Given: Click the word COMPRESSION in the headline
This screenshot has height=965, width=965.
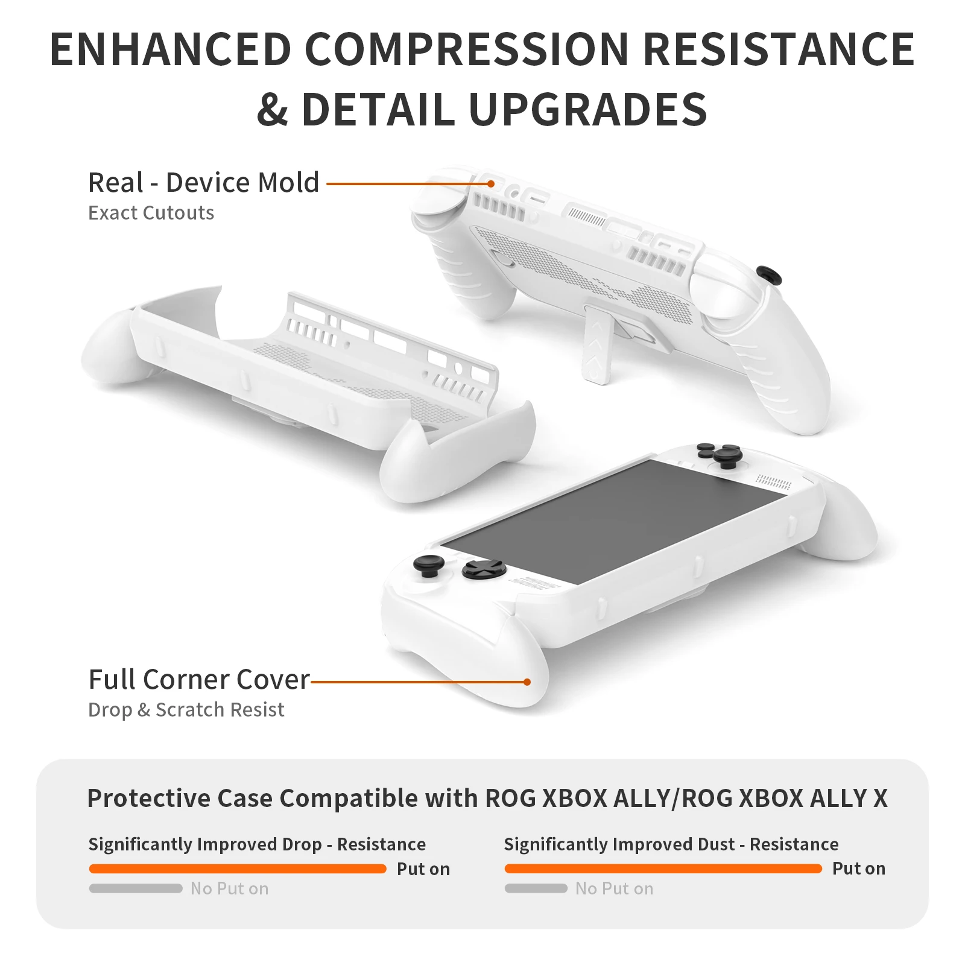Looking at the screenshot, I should pyautogui.click(x=467, y=49).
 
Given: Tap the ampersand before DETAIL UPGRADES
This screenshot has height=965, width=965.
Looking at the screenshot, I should pyautogui.click(x=272, y=110).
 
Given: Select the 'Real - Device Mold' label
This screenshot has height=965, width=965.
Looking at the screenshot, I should pyautogui.click(x=203, y=183).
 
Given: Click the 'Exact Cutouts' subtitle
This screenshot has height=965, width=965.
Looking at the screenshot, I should pyautogui.click(x=151, y=213).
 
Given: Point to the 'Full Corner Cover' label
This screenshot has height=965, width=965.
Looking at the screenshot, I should pyautogui.click(x=198, y=680).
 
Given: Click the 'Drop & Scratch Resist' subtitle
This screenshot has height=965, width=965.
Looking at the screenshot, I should pyautogui.click(x=186, y=710).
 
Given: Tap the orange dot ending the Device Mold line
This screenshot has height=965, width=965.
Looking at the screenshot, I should pyautogui.click(x=492, y=183).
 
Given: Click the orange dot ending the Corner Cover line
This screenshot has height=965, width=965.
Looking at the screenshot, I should pyautogui.click(x=527, y=682).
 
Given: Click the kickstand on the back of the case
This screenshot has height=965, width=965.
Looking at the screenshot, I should pyautogui.click(x=597, y=344).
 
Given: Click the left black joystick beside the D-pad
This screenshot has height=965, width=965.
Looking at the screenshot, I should pyautogui.click(x=429, y=566).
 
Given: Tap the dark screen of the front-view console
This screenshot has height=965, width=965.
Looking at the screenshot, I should pyautogui.click(x=609, y=519).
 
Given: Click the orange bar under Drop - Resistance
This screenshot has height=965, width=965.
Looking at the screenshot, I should pyautogui.click(x=238, y=868).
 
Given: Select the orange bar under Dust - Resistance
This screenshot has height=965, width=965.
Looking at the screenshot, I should pyautogui.click(x=663, y=868).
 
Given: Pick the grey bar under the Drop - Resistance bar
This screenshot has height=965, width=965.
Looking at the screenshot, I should pyautogui.click(x=136, y=888).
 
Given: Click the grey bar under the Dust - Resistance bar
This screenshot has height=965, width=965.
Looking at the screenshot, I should pyautogui.click(x=536, y=888).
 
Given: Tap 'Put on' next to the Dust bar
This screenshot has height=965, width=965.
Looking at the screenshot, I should pyautogui.click(x=858, y=868).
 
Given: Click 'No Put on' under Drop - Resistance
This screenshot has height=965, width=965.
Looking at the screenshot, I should pyautogui.click(x=229, y=888).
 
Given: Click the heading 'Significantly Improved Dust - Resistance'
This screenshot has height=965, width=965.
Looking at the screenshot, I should pyautogui.click(x=671, y=844).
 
